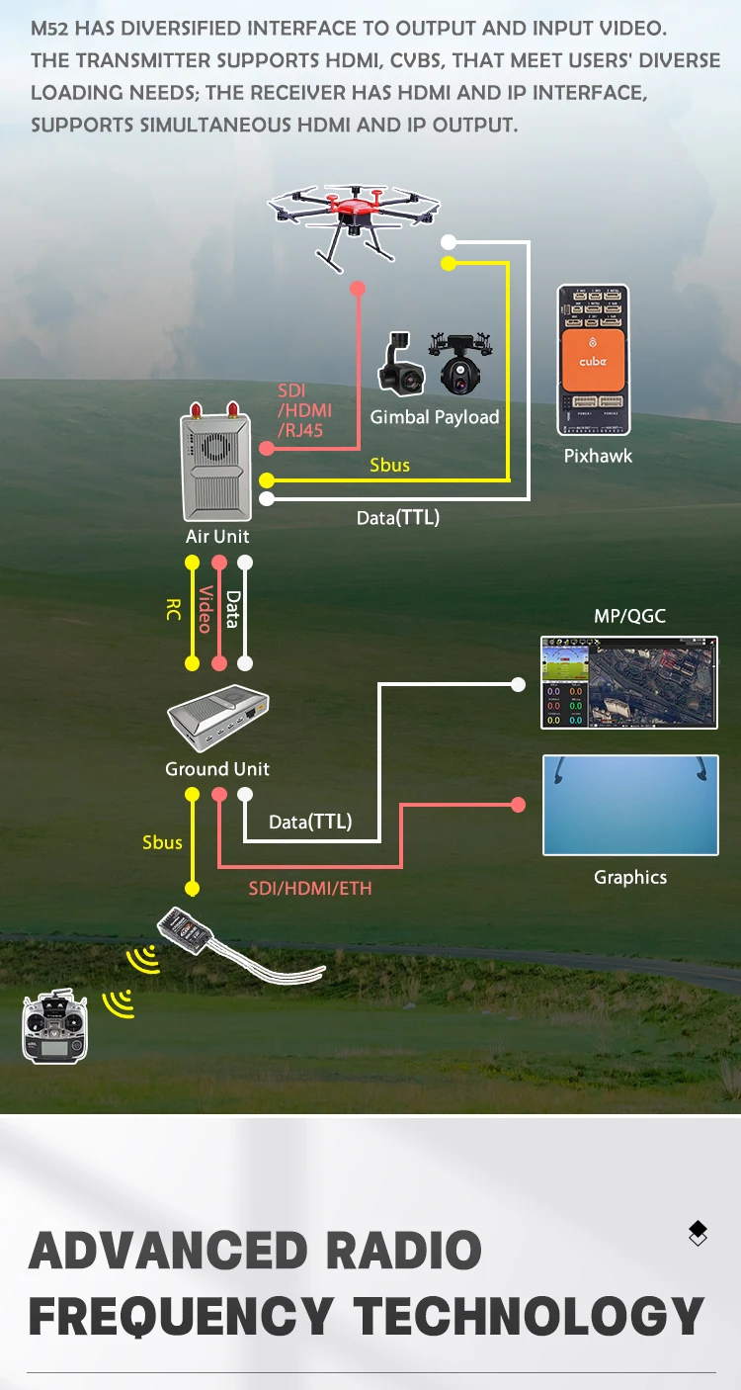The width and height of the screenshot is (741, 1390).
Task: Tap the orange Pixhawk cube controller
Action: tap(593, 360)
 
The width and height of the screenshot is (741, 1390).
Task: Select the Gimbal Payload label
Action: tap(435, 417)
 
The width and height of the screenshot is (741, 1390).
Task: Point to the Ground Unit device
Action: tap(217, 718)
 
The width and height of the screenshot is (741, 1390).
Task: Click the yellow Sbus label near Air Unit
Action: tap(389, 465)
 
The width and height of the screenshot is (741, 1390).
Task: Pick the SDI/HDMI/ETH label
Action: tap(310, 888)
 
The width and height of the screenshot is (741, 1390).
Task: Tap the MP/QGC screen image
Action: tap(629, 683)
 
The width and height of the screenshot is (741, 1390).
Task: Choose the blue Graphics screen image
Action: tap(630, 805)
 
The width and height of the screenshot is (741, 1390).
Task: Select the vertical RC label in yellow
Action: tap(174, 608)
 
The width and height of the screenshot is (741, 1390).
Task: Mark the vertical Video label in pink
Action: tap(206, 610)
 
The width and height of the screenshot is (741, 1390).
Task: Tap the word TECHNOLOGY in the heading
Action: tap(529, 1317)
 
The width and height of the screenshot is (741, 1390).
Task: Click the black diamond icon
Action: tap(698, 1233)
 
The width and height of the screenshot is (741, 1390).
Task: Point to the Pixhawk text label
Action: tap(598, 456)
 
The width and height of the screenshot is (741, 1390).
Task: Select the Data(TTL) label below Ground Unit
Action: tap(310, 822)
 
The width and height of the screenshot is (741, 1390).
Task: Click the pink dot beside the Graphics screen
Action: tap(519, 805)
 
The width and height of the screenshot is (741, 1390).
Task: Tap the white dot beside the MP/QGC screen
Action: tap(519, 683)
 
